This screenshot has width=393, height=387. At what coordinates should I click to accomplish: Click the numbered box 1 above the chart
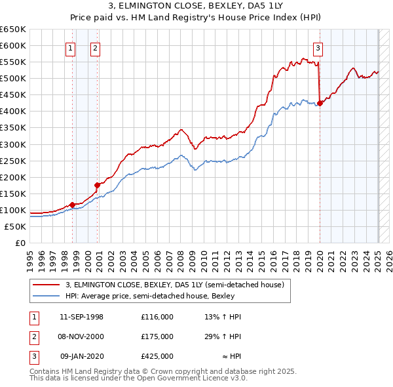pos(70,47)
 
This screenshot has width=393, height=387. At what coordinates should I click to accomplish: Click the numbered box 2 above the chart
pos(95,47)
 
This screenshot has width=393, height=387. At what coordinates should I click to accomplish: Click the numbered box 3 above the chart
pos(318,47)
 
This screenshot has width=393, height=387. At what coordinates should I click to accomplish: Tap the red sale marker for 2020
pos(320,102)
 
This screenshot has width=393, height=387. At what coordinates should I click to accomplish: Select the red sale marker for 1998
pos(72,205)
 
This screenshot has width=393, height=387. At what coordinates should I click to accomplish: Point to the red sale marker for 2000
pos(97,185)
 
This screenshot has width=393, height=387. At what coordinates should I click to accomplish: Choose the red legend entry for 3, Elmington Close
pos(174,285)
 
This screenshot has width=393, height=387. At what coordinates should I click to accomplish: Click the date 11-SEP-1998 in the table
pos(81,317)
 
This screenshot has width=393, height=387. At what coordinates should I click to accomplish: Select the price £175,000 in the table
pos(157,336)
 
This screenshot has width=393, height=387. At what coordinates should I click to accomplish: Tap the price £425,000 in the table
pos(157,356)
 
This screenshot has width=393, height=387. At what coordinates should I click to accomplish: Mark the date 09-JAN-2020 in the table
pos(81,356)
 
